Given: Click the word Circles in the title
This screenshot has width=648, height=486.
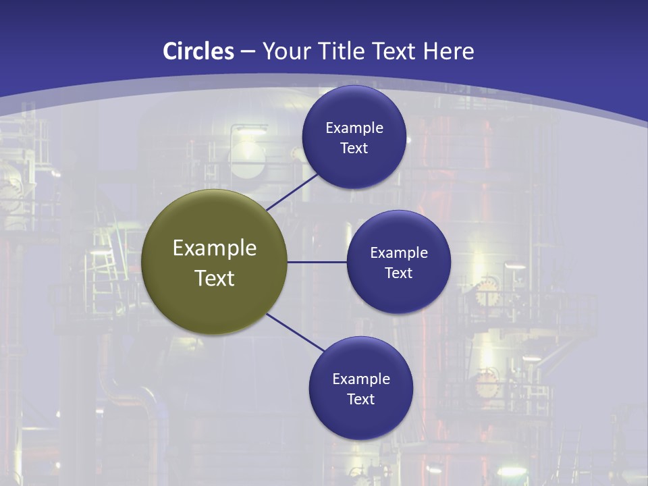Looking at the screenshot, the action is point(198,51).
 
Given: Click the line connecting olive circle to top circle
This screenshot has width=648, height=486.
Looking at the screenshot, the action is point(292,192).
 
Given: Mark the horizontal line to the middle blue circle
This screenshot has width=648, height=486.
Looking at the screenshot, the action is point(317,262).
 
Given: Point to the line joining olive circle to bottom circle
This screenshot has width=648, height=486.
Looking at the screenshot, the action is point(296,332).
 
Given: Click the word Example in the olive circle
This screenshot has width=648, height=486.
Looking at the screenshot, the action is point(215,248).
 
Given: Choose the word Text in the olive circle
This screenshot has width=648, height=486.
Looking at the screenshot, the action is point(215,278).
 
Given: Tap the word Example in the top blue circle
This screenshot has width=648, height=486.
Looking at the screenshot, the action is point(354,128).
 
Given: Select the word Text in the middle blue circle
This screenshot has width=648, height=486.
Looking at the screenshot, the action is point(399,273).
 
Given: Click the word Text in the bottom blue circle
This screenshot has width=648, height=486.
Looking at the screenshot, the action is point(361,399).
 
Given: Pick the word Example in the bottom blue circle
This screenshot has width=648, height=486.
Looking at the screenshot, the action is point(361,379).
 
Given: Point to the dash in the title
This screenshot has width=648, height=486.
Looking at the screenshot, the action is point(248,51).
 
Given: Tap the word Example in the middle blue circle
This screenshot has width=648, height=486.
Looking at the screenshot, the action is point(399,252).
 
